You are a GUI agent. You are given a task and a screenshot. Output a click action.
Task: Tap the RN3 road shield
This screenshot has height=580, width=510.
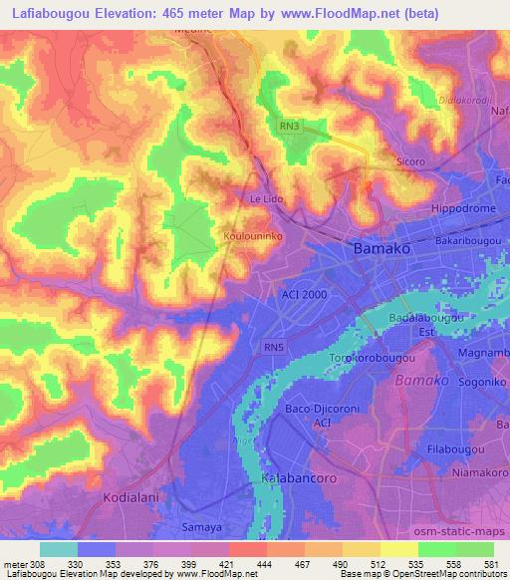pos(288,126)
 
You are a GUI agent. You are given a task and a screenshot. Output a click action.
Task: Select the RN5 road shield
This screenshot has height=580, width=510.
pos(274,346)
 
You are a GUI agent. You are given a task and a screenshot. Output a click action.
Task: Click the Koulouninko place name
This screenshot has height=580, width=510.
pos(252,235)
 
